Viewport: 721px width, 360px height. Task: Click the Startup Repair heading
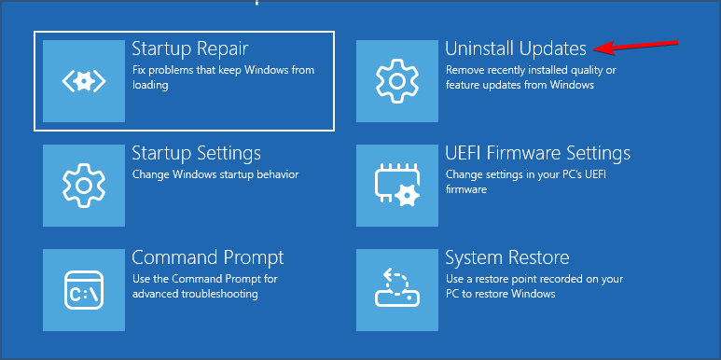[190, 48]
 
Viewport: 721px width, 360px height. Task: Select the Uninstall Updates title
[516, 48]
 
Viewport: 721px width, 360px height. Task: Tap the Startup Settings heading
[197, 153]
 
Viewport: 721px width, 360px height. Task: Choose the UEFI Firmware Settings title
[538, 153]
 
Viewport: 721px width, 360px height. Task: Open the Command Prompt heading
[208, 257]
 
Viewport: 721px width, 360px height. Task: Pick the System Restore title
[507, 257]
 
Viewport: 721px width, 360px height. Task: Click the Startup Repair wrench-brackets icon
[84, 81]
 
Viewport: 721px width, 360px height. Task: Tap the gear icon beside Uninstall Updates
[396, 81]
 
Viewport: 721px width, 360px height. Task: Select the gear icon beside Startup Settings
[84, 186]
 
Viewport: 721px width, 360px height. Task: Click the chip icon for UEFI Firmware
[396, 186]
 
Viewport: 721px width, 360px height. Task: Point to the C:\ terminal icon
[84, 290]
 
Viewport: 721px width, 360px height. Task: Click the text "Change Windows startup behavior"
[215, 174]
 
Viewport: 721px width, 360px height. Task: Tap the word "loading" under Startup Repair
[150, 86]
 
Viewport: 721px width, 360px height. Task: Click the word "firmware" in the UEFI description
[466, 189]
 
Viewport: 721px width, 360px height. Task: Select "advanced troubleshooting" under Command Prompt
[195, 294]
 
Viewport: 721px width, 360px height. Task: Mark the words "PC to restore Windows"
[501, 294]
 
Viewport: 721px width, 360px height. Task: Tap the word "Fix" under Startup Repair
[138, 70]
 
